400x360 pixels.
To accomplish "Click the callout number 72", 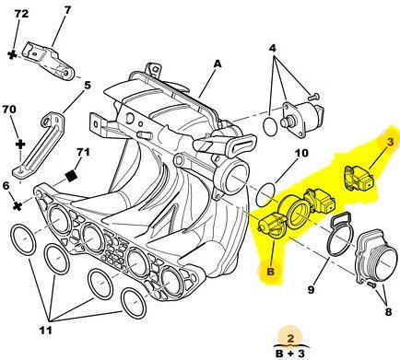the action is (x=21, y=14).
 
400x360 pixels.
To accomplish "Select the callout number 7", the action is (x=67, y=10).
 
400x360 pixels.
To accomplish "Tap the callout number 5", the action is (x=88, y=85).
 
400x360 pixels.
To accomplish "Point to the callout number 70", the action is (x=9, y=110).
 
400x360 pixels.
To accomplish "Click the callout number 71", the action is (x=83, y=152).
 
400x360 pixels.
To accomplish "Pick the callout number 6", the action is (x=6, y=186).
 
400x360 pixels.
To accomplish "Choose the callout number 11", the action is (x=45, y=331).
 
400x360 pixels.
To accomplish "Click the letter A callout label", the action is (x=218, y=64).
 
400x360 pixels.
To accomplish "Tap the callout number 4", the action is (x=273, y=48).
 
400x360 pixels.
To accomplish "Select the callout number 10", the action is (x=301, y=153).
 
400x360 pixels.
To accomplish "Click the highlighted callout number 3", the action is (x=390, y=142).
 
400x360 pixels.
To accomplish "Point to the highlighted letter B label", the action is (x=270, y=272).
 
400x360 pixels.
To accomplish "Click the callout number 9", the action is (x=312, y=289).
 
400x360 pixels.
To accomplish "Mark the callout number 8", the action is (x=388, y=312).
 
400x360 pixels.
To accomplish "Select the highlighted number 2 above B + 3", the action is (x=290, y=338).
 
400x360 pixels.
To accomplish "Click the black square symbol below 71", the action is (x=71, y=176).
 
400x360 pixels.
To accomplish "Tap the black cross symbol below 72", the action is (x=12, y=55).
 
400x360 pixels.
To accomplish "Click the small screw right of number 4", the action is (x=313, y=97).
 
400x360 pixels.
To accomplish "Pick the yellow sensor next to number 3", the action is (x=359, y=179).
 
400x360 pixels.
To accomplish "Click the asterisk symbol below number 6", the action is (x=18, y=206).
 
